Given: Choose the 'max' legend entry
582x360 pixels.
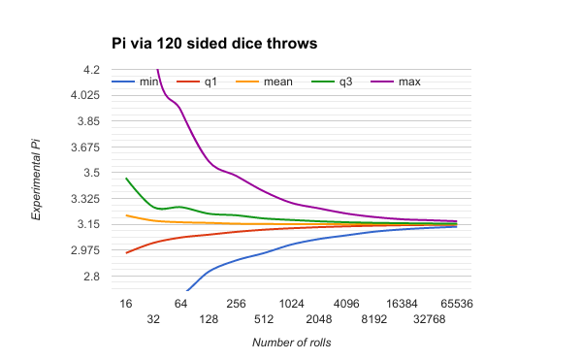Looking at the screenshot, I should click(409, 82).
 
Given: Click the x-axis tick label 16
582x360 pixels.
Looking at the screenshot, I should click(125, 304).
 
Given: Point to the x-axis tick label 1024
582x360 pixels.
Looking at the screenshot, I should click(291, 304).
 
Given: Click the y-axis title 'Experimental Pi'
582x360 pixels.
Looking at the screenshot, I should click(36, 180).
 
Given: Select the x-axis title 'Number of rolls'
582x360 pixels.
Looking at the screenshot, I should click(291, 343).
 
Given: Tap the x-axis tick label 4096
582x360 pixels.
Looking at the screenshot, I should click(346, 304).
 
